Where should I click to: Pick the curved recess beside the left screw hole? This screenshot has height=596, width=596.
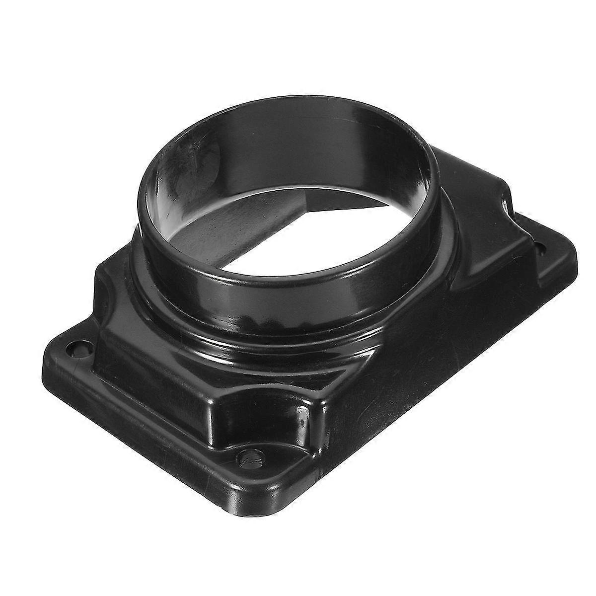coord(104,293)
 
